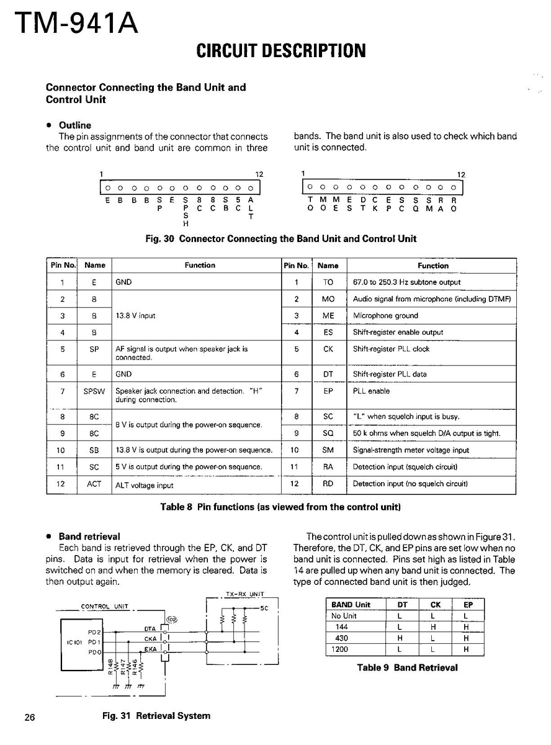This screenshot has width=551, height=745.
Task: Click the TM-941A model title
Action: [73, 24]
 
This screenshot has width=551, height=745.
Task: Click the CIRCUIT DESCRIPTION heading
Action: [281, 50]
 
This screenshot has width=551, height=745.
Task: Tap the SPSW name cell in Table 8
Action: [94, 392]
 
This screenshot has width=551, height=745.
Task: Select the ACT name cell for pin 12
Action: [94, 484]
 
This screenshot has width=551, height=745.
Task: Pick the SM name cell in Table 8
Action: [328, 450]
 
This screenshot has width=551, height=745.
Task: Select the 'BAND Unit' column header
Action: [351, 605]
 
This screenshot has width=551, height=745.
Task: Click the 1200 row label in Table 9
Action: [340, 649]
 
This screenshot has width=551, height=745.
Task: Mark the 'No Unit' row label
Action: [344, 616]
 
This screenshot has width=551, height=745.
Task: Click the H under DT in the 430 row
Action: [400, 638]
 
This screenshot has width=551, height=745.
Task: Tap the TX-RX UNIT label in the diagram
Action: [245, 594]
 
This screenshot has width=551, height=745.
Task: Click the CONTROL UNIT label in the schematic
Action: [104, 607]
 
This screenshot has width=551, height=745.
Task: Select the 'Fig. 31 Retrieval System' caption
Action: [156, 716]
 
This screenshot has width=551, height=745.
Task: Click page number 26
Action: [30, 718]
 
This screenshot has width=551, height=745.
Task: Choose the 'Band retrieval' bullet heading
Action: [89, 536]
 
